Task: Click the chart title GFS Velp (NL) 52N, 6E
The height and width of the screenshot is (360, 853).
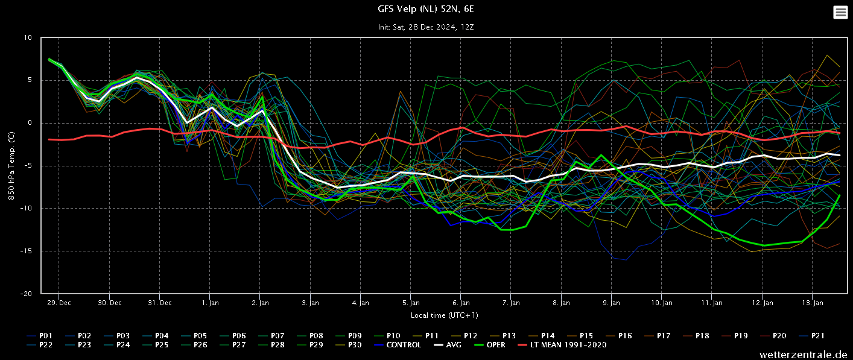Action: tap(426, 9)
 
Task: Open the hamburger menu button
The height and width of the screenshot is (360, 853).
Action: tap(840, 12)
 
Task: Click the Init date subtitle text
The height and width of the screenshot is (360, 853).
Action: tap(426, 27)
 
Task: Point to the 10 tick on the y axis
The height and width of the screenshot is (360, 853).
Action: tap(28, 37)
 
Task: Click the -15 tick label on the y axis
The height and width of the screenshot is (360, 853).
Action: tap(27, 251)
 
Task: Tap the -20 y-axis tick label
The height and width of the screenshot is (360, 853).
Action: tap(27, 294)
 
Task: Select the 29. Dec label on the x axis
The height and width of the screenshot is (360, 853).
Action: tap(60, 303)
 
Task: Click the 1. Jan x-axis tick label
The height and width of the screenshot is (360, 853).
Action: tap(210, 303)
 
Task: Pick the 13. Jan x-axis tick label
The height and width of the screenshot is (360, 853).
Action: tap(813, 303)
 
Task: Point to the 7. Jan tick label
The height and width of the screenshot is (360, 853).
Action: tap(511, 303)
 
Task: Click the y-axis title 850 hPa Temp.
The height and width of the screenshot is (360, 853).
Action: tap(11, 166)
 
